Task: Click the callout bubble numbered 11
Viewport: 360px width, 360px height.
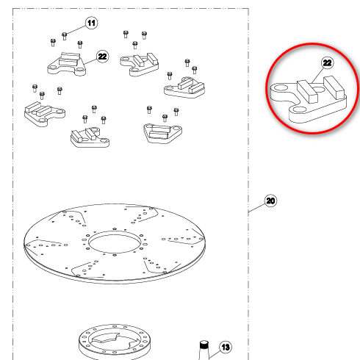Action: (91, 23)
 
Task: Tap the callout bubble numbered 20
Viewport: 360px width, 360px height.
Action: (270, 201)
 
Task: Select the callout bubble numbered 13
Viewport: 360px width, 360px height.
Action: (226, 347)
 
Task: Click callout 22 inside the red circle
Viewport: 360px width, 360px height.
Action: (328, 63)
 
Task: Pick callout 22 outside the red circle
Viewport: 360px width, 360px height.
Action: (102, 57)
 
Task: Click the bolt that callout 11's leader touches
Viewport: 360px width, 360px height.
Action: (64, 36)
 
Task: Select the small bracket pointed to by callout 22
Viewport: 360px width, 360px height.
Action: (67, 64)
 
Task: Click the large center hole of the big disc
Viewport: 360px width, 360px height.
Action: (115, 242)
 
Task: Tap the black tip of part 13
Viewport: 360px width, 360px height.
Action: (204, 345)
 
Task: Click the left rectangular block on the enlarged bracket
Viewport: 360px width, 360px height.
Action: (307, 91)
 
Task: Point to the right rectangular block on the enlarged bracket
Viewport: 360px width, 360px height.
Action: (334, 87)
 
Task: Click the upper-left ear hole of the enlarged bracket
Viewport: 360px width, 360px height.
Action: (281, 87)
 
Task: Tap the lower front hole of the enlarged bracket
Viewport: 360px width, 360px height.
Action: (298, 109)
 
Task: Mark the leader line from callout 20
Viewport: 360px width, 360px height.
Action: (257, 207)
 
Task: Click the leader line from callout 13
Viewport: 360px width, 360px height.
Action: (214, 355)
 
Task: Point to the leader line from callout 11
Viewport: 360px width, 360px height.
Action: (76, 29)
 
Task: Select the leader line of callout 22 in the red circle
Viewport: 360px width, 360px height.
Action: (318, 76)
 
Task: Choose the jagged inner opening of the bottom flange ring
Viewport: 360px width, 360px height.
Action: (115, 339)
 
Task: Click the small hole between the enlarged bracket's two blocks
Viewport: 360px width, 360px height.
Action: (319, 90)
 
